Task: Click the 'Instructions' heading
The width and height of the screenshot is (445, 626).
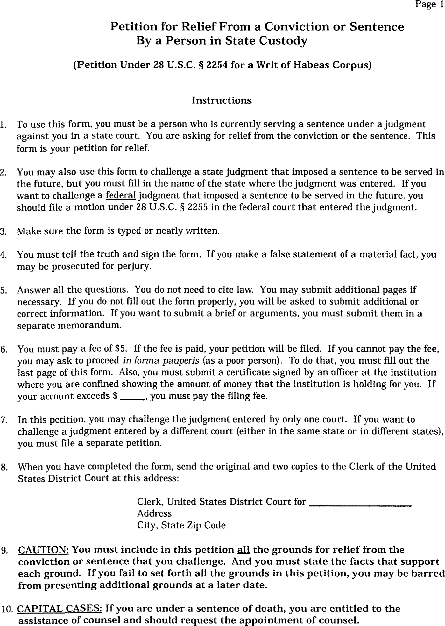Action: pos(221,100)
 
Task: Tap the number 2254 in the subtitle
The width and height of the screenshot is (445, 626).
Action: pos(217,65)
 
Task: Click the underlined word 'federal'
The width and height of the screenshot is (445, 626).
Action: pos(121,196)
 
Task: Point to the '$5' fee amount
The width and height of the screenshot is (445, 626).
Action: pos(121,348)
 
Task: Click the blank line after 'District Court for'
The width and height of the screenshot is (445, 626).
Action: pos(360,502)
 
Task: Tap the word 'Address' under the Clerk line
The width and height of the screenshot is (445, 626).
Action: pos(154,513)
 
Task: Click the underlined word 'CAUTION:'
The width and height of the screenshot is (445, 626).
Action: pos(43,550)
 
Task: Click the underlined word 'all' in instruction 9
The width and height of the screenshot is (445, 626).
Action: pos(243,550)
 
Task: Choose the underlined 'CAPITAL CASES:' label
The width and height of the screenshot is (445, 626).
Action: pos(59,609)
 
